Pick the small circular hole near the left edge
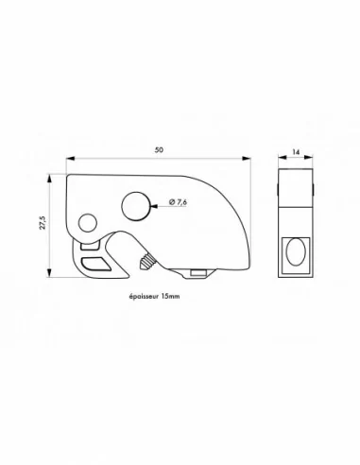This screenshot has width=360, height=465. tap(87, 223)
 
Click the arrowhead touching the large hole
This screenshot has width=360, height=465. tap(155, 202)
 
